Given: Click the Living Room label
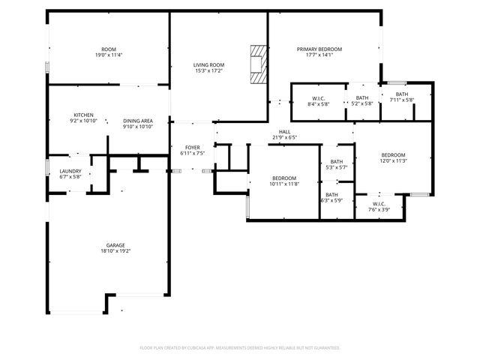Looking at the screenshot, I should (210, 64).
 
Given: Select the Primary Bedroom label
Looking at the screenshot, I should (319, 49).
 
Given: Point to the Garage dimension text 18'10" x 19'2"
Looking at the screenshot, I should (109, 251).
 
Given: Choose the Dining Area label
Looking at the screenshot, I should (138, 121).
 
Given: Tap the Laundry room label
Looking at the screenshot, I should (70, 172).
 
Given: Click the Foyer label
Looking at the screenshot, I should (192, 147).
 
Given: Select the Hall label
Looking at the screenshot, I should (285, 131).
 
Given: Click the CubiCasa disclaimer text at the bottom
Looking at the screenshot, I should (240, 347).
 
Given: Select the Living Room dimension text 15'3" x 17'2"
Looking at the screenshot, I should (210, 70).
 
